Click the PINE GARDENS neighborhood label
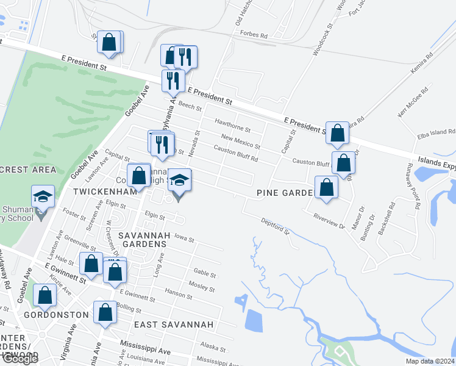point(283,193)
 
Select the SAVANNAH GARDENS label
point(142,239)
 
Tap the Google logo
point(20,359)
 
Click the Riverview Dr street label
point(329,220)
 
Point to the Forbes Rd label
point(254,35)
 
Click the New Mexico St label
point(241,142)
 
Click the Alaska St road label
point(213,348)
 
